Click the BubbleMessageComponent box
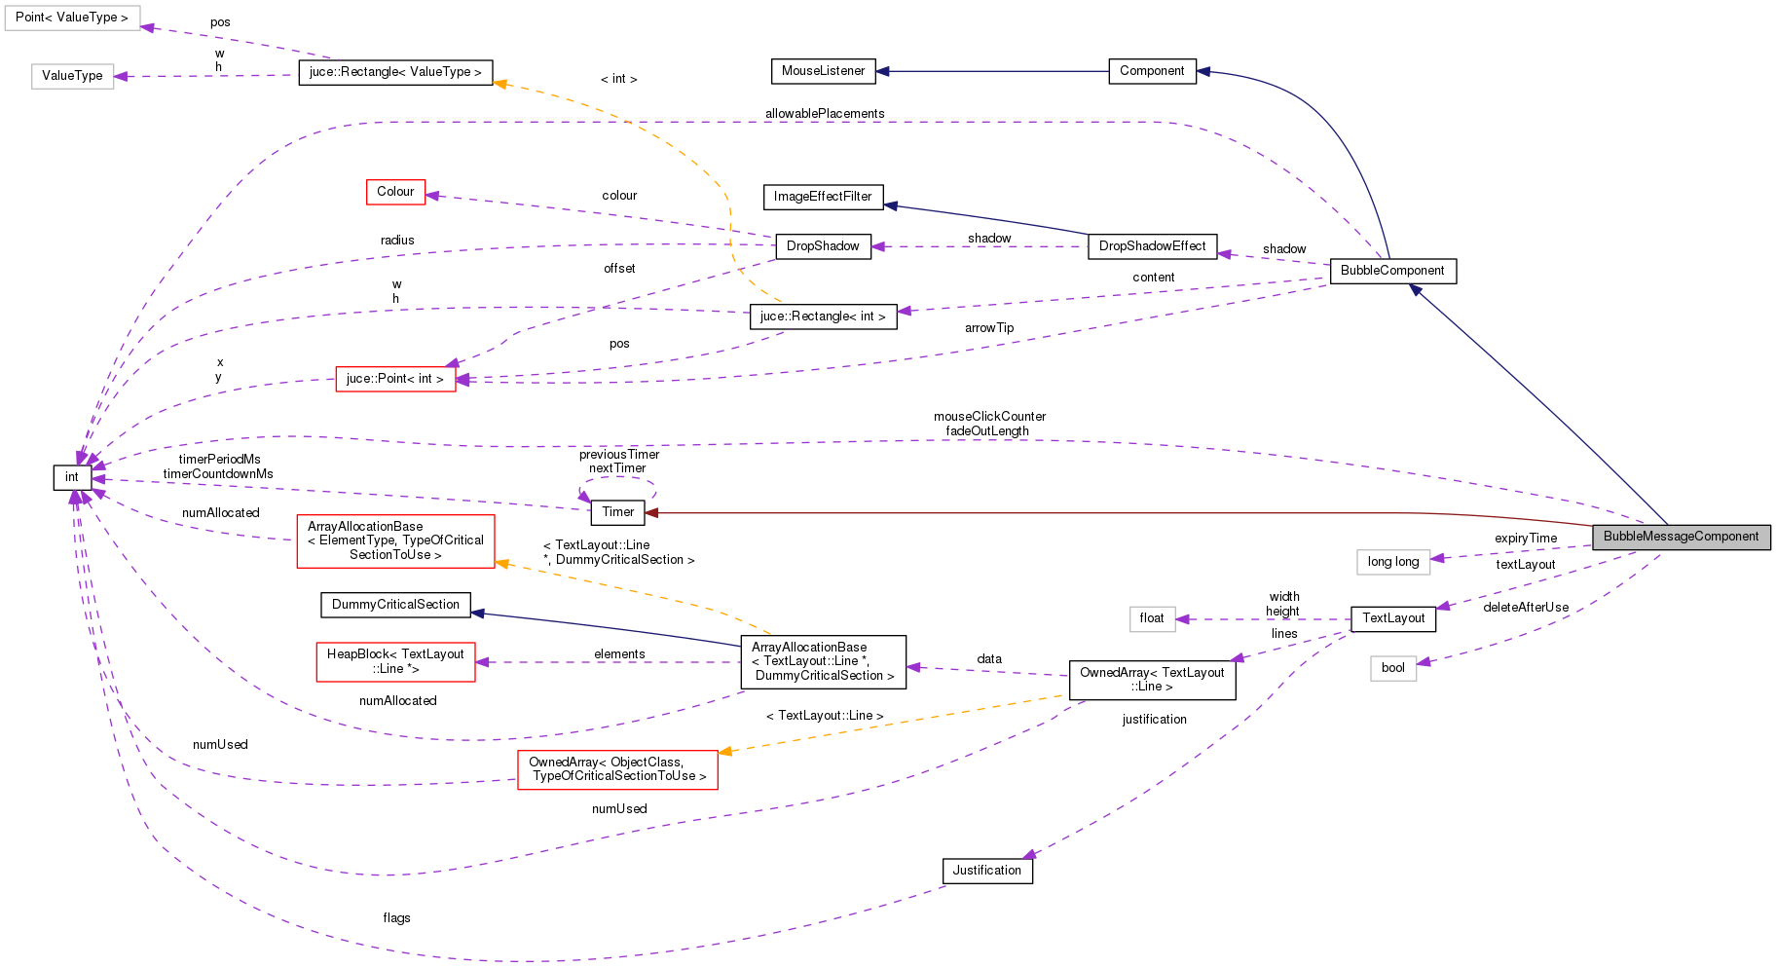pos(1681,537)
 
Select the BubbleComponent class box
pos(1392,271)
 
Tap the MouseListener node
pos(823,71)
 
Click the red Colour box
pos(395,192)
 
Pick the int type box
pos(72,477)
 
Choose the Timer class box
pos(617,512)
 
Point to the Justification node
pos(986,871)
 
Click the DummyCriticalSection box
pos(395,605)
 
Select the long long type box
pos(1392,562)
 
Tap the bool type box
pos(1392,668)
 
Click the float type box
pos(1152,618)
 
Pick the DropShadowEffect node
pos(1152,246)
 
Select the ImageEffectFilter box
pos(823,197)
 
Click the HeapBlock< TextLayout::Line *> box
pos(395,661)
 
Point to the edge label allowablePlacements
pos(825,114)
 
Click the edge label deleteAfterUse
pos(1526,608)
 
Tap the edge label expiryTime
pos(1526,539)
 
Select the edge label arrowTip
pos(989,328)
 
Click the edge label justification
pos(1154,720)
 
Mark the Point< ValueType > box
pos(72,18)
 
